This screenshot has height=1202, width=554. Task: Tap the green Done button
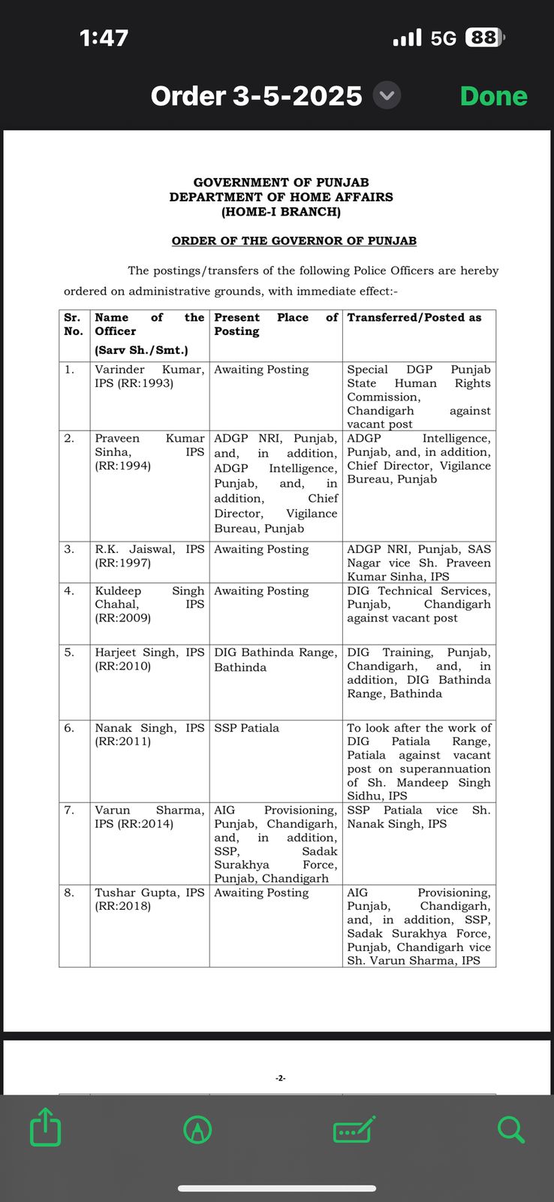(x=493, y=96)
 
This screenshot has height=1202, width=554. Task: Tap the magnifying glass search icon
(x=510, y=1128)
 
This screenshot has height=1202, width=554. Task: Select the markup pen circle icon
(x=197, y=1129)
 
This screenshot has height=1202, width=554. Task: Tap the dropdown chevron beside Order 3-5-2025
(x=387, y=95)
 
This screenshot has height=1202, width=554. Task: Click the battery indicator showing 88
(x=485, y=38)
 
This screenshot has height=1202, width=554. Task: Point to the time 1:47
(x=104, y=38)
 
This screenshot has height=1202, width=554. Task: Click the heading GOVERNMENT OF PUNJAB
(x=281, y=183)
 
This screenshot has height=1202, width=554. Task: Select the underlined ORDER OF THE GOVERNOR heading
(x=294, y=241)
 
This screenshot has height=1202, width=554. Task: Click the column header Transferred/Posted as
(x=414, y=318)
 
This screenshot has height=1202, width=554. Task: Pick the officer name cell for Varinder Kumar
(x=149, y=376)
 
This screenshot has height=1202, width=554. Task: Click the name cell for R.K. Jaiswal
(x=149, y=556)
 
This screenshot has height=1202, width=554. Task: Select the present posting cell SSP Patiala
(x=246, y=728)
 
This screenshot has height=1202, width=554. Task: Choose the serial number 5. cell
(x=69, y=653)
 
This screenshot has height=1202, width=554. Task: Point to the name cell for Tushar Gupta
(x=149, y=899)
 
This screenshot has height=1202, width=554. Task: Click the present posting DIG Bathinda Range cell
(x=275, y=660)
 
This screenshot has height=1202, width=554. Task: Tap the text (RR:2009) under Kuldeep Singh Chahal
(x=122, y=618)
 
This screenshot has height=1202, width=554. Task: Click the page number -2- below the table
(x=280, y=1078)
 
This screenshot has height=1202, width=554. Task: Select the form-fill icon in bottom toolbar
(x=354, y=1129)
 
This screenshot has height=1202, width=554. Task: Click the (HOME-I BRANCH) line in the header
(x=281, y=212)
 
